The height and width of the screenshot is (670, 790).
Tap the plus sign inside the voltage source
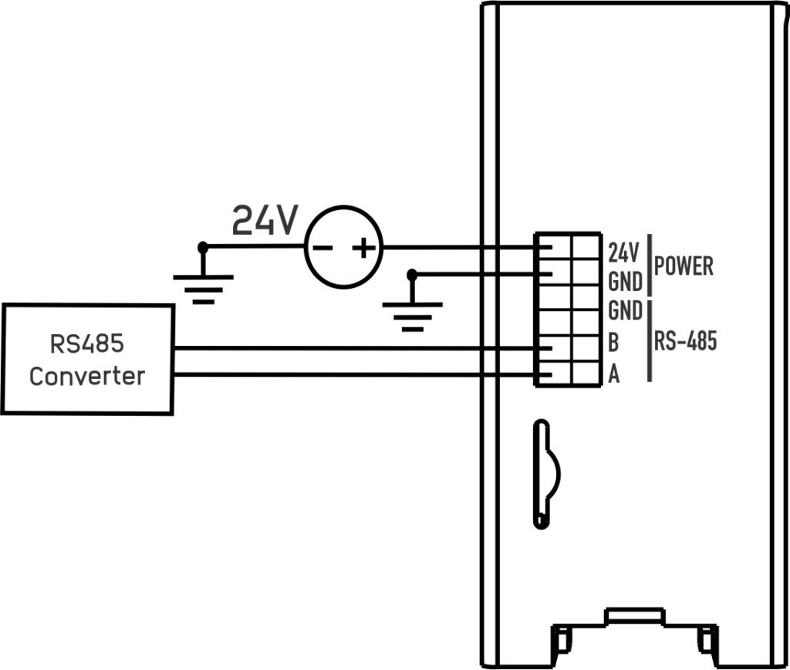tap(363, 248)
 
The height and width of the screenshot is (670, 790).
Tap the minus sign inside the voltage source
tap(322, 248)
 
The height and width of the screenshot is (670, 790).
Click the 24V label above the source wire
tap(265, 220)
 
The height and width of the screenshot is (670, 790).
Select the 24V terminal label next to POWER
tap(623, 252)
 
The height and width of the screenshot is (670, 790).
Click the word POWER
tap(684, 266)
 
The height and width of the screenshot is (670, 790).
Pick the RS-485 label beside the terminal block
tap(685, 341)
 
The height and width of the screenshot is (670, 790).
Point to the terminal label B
tap(613, 342)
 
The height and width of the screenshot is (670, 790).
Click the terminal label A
tap(613, 374)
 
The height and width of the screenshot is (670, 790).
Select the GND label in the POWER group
tap(625, 282)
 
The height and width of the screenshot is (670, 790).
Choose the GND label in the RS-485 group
tap(625, 310)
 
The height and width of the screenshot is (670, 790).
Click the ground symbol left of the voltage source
tap(203, 289)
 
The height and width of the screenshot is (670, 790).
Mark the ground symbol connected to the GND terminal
tap(413, 316)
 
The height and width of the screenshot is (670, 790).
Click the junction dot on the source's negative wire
tap(203, 247)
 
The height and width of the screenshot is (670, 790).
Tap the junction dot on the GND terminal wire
tap(412, 275)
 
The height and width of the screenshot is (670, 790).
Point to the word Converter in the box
tap(87, 377)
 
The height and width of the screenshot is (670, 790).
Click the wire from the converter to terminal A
tap(353, 374)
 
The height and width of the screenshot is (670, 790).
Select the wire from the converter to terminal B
tap(353, 348)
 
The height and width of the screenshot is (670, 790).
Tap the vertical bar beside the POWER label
tap(650, 266)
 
